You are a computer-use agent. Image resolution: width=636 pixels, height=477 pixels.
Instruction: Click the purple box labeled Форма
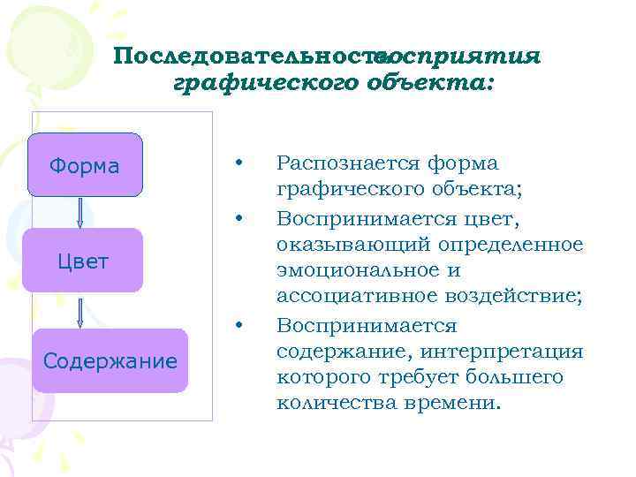click(85, 165)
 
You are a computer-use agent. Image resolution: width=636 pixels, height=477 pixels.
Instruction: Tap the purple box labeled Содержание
click(110, 360)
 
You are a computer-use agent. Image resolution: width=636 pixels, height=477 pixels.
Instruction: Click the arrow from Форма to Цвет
click(80, 212)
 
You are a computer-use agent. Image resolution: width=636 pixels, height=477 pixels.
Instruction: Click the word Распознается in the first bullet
click(348, 163)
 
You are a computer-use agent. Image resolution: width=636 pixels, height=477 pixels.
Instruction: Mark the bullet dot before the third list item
click(238, 326)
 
